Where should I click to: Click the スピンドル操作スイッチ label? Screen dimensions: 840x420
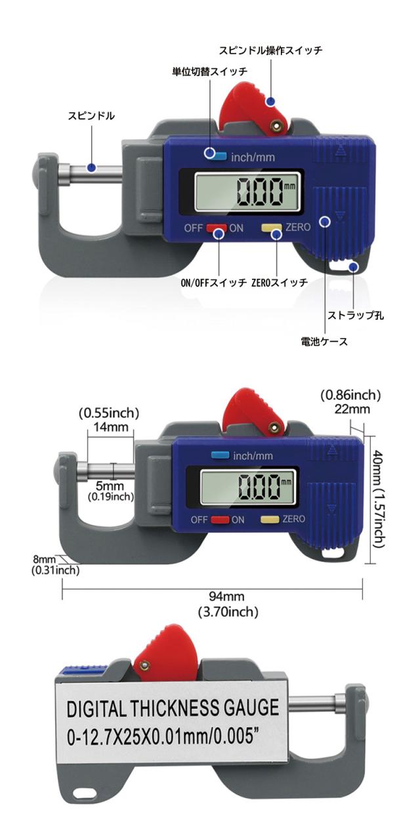click(x=270, y=51)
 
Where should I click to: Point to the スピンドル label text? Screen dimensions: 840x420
click(x=91, y=116)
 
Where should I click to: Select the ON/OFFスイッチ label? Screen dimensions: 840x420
click(x=213, y=283)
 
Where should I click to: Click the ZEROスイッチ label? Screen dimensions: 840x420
click(x=279, y=283)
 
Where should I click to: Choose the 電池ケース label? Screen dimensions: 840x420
click(x=324, y=341)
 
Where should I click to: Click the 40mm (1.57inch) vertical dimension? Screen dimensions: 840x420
click(x=378, y=501)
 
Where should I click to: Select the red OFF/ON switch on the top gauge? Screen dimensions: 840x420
click(x=217, y=229)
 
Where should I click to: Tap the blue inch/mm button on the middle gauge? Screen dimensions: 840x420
click(x=219, y=456)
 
